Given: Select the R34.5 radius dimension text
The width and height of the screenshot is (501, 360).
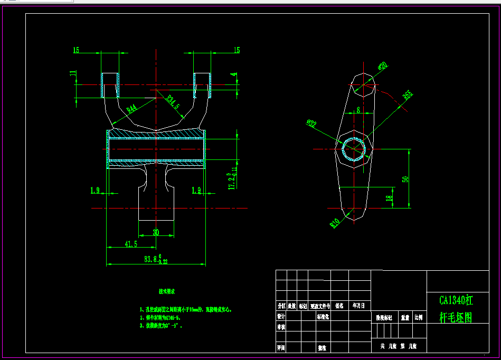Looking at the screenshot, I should click(174, 102).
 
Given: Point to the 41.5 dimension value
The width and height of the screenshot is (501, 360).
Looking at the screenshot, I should click(131, 244).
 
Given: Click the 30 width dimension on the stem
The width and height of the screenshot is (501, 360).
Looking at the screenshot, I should click(156, 232).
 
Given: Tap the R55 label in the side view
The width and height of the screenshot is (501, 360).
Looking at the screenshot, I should click(407, 96).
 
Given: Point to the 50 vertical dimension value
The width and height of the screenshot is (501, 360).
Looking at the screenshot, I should click(405, 179).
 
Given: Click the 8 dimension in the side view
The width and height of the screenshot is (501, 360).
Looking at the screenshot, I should click(358, 110).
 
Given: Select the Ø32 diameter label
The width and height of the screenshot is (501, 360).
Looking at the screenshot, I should click(311, 124).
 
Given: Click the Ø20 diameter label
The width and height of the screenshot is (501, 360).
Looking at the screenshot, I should click(383, 66).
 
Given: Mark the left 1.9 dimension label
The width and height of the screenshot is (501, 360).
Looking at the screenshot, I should click(95, 190).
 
